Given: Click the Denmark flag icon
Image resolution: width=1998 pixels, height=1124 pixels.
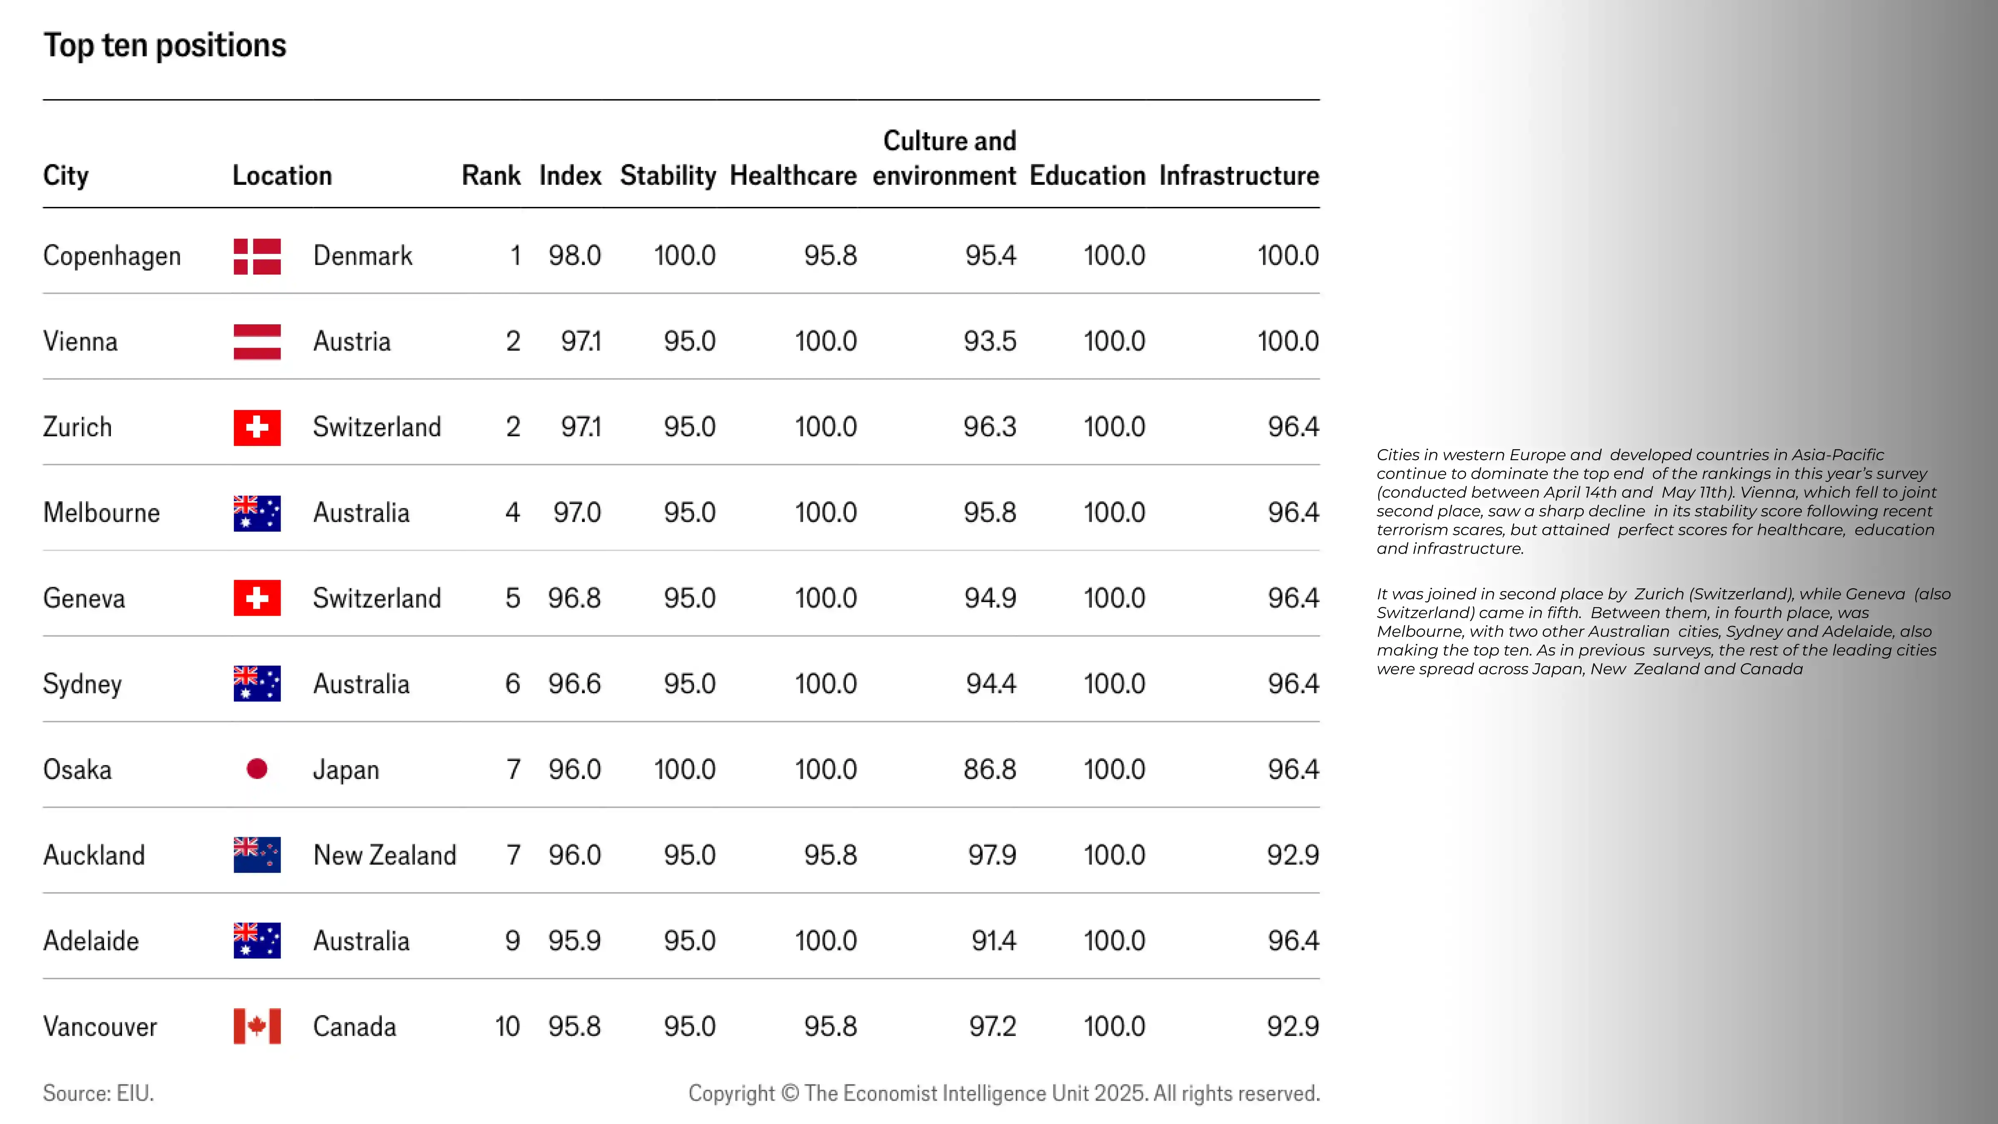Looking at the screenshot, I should (257, 256).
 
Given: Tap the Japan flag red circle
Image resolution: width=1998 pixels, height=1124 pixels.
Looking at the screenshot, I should (257, 769).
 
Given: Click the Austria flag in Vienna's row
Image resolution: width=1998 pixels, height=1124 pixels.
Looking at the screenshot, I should (257, 341).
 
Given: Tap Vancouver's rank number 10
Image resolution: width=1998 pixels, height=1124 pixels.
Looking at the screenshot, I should (507, 1026).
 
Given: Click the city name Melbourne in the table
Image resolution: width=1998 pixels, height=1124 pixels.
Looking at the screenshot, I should (102, 513).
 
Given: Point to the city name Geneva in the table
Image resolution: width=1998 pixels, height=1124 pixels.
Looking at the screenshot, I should (84, 598).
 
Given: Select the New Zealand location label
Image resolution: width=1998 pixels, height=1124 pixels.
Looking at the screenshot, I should (385, 855).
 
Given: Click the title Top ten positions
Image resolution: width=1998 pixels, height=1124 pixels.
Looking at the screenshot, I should (164, 45).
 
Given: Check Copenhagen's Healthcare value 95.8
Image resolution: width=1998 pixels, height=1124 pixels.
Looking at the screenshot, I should (830, 256).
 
